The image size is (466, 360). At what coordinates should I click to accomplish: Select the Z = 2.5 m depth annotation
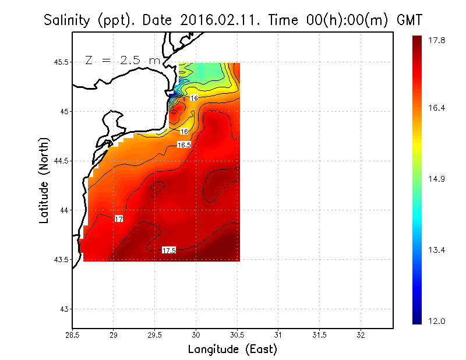tap(122, 60)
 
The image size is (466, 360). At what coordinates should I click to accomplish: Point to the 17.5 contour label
tap(169, 250)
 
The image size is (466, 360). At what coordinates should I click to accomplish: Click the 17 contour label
tap(119, 219)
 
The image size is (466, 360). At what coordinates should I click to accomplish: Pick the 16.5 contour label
tap(184, 144)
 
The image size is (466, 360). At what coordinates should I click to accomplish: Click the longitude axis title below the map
tap(232, 350)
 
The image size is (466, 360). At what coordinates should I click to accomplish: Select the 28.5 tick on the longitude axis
tap(72, 335)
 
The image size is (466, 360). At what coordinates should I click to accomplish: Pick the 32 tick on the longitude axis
tap(361, 335)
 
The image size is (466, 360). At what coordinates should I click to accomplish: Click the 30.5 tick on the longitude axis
tap(237, 335)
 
